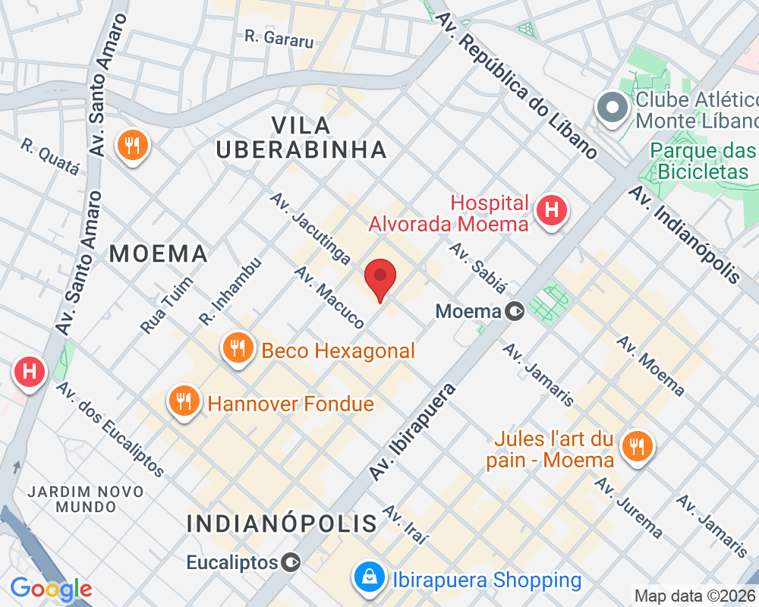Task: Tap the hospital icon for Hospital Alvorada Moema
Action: pos(552,210)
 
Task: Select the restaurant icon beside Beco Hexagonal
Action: pos(238,348)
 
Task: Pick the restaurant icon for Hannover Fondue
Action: pos(184,400)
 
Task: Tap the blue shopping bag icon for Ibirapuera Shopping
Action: pos(367,578)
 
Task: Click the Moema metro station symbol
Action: pos(515,310)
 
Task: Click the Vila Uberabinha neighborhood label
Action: pos(301,137)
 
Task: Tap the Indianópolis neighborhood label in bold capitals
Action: pos(282,523)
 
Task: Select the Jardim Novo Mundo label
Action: pos(85,498)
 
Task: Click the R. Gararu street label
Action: pos(279,37)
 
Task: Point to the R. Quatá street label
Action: pos(50,156)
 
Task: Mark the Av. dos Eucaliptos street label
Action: pos(110,429)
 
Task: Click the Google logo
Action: pos(51,589)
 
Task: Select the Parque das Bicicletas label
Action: pos(703,161)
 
